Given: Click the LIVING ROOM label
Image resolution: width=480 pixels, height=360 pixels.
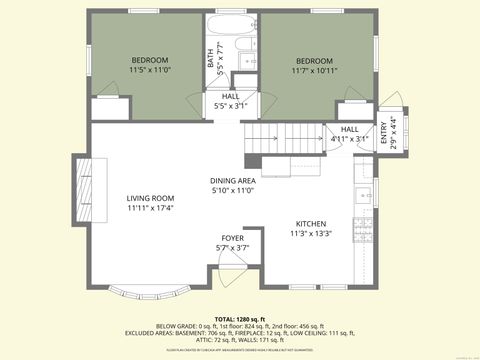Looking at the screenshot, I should coord(150,198).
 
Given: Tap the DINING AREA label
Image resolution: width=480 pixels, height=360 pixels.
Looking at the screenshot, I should coord(232,180).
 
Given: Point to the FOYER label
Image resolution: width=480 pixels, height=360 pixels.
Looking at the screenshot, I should coord(232,238).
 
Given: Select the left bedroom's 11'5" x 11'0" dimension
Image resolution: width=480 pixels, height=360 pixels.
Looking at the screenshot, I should coord(150,70).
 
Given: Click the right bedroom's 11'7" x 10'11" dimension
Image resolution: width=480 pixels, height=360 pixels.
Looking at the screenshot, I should coord(314,70).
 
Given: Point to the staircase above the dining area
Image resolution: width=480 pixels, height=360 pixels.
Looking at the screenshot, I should coord(275,135).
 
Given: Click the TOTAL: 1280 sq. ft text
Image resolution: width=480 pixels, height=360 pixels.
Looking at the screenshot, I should coord(239,317).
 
